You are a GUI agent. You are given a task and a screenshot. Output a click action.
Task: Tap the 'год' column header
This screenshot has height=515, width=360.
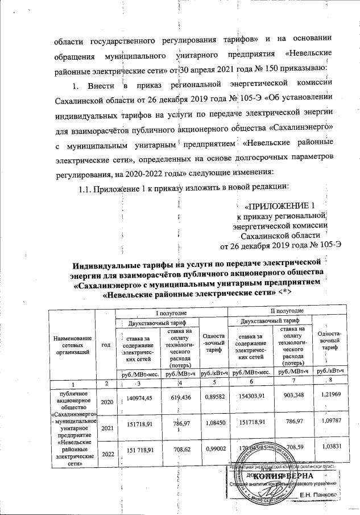(x=105, y=345)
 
